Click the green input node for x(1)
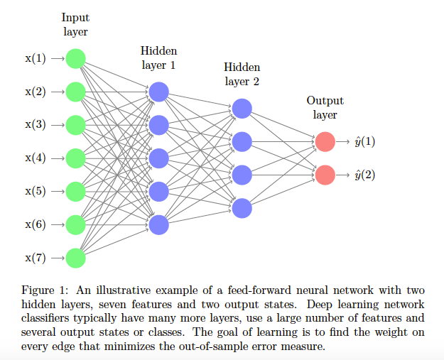[75, 58]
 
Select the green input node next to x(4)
[75, 158]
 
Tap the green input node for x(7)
[75, 258]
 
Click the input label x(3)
[36, 124]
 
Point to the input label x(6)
[36, 224]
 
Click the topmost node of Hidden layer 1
[158, 92]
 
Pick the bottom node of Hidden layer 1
[158, 224]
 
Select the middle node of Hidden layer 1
[158, 158]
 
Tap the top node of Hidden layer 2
[242, 108]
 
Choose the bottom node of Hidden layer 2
[242, 207]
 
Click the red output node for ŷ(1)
[325, 141]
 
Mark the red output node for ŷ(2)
[325, 175]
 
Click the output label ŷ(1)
[364, 141]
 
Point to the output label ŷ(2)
[364, 175]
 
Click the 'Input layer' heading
[75, 24]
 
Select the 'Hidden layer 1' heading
[158, 58]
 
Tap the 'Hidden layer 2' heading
[242, 74]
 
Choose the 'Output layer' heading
[325, 107]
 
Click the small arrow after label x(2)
[57, 92]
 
